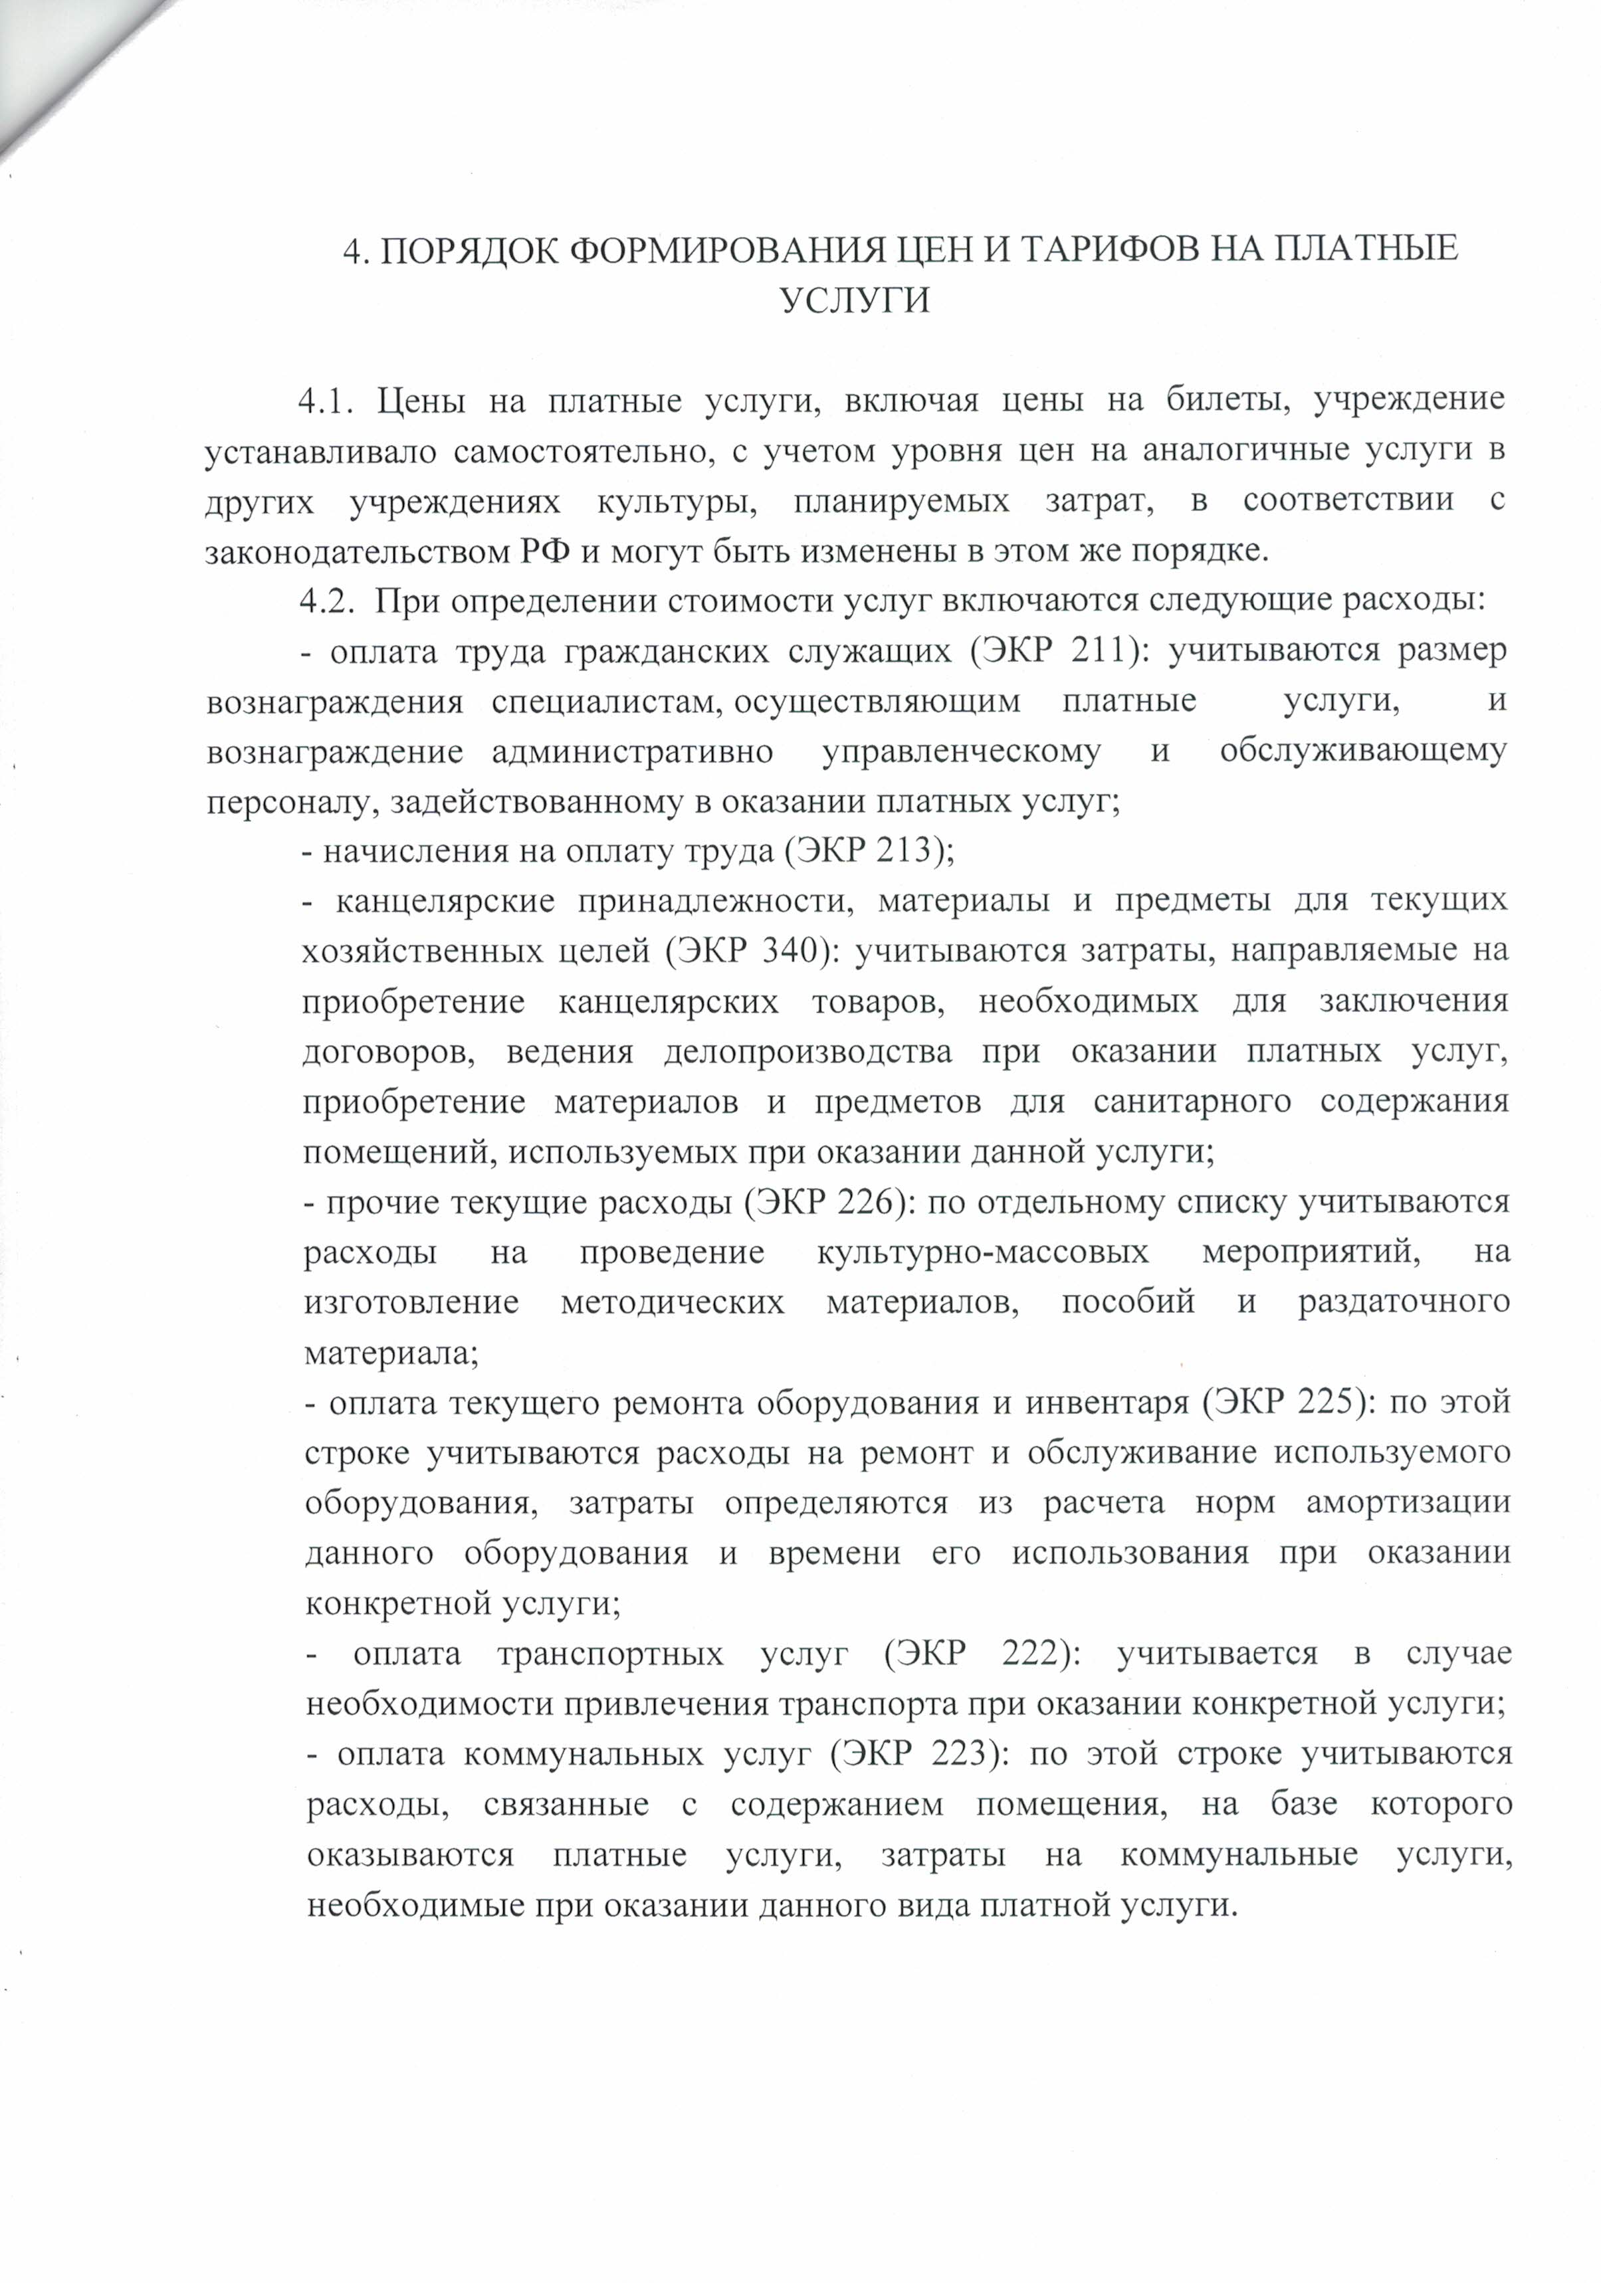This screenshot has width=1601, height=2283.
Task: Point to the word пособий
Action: point(1128,1302)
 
